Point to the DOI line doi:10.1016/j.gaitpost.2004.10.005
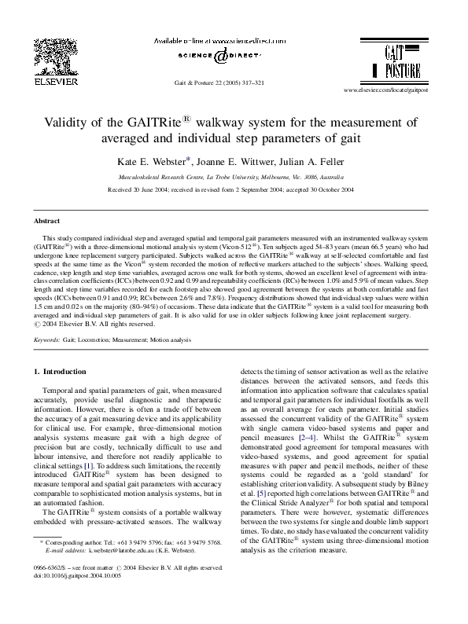point(76,596)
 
